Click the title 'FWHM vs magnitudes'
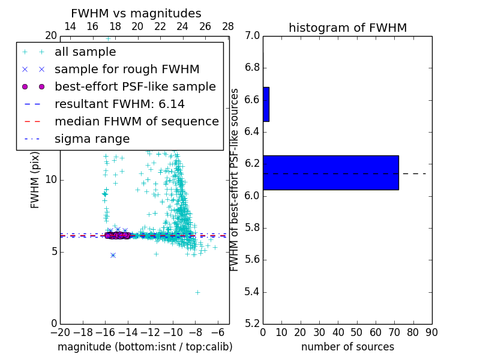[136, 14]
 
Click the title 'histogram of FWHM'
[347, 28]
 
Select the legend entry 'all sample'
[85, 52]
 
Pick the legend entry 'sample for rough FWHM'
[127, 70]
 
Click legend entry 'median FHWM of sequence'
[136, 122]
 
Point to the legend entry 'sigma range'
[92, 139]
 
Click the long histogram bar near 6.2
[331, 173]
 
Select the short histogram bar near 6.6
[266, 104]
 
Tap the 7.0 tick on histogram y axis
[253, 35]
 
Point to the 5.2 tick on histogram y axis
[253, 324]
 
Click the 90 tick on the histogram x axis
[431, 332]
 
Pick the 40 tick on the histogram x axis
[338, 332]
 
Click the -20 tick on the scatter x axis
[60, 332]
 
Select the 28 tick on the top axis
[228, 27]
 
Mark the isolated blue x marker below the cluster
[113, 255]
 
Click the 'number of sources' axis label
[347, 347]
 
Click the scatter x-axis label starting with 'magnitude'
[145, 347]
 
